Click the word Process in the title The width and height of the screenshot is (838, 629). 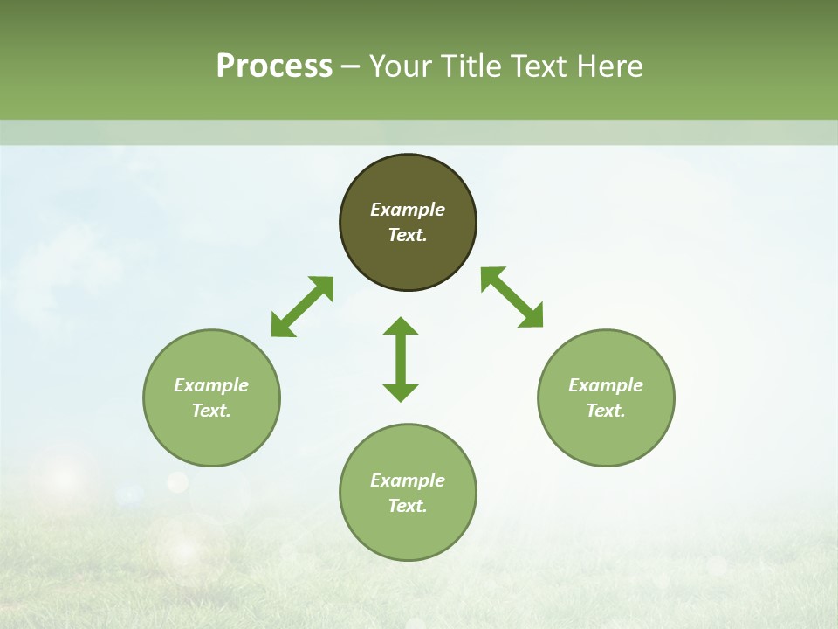coord(274,66)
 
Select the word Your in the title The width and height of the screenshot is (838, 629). coord(401,66)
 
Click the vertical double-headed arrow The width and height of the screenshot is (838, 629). coord(401,359)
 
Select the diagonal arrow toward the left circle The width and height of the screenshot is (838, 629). coord(302,307)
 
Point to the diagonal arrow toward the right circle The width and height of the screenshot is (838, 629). coord(512,297)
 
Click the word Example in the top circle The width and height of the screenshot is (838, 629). coord(408,210)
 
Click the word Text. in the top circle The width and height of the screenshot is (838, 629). coord(408,235)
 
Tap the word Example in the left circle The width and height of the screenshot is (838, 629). coord(211,385)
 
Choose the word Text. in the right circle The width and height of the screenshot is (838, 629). coord(606,411)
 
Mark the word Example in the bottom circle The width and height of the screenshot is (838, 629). coord(408,480)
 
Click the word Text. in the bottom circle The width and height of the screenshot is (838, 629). coord(408,506)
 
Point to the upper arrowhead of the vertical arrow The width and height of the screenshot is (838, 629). coord(401,326)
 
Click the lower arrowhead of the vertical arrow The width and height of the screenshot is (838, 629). coord(401,392)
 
